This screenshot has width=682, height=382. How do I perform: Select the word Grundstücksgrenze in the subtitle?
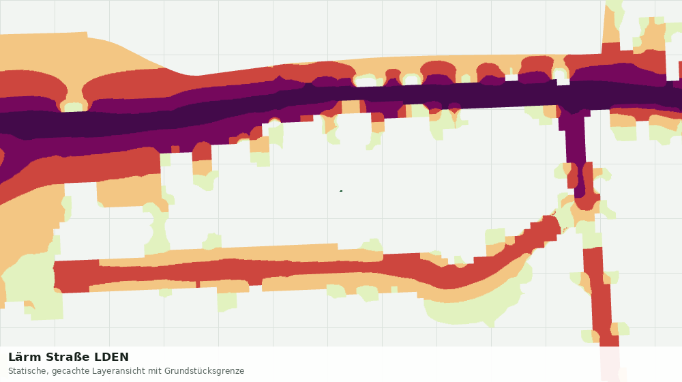[204, 372]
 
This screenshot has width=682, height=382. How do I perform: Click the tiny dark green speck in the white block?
[341, 190]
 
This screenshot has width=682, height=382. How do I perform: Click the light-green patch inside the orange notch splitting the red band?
[74, 106]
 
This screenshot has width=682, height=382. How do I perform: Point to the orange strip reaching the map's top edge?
[613, 22]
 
